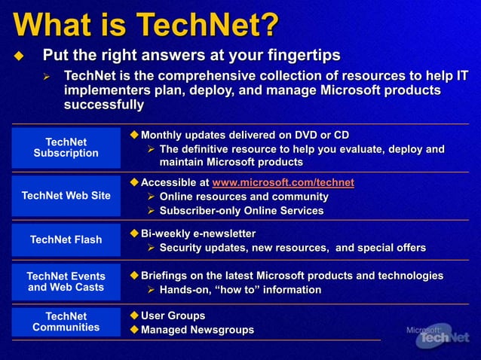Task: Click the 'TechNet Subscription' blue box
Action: pos(66,148)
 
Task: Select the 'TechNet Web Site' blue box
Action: pos(66,196)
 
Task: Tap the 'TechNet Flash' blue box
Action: pos(66,240)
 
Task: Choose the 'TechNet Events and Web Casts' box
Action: pos(66,282)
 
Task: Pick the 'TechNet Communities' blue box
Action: pos(66,322)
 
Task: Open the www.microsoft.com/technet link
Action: pos(283,183)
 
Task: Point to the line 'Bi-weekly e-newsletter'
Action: pos(198,233)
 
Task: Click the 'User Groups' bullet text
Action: pos(173,316)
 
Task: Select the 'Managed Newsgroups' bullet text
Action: pos(198,331)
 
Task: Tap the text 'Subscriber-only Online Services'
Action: pos(241,211)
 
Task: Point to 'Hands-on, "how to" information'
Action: pos(240,290)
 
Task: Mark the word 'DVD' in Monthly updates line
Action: pos(296,136)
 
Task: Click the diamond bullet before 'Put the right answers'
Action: pos(20,56)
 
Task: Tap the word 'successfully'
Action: pos(104,105)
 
